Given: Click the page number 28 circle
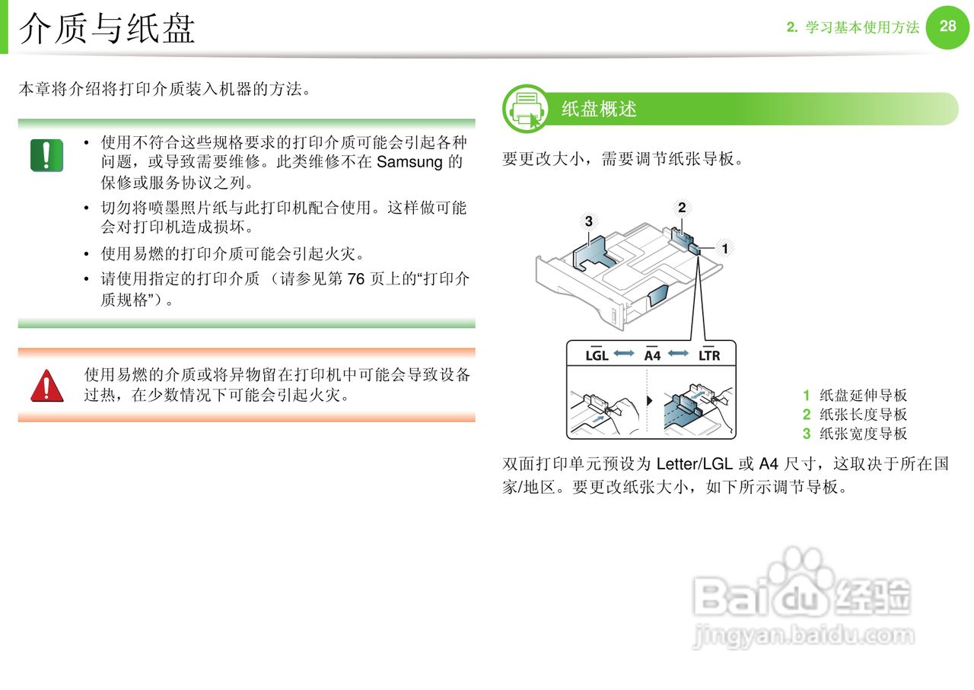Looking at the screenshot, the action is (x=947, y=27).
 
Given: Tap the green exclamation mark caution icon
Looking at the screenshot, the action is (x=46, y=155).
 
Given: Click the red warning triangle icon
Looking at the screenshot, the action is (x=47, y=386).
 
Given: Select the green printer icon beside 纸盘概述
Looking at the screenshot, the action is (x=526, y=109).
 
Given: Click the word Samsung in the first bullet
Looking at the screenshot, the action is (x=409, y=162).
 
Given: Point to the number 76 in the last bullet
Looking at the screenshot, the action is (x=355, y=278).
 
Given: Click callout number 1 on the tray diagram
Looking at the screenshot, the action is (x=725, y=249).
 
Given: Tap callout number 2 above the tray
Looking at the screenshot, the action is (x=682, y=208).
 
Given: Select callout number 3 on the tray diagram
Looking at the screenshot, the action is (x=589, y=221).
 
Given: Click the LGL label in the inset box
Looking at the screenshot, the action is (x=597, y=355).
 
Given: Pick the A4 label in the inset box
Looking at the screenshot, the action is (x=652, y=355).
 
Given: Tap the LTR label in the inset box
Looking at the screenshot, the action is (x=709, y=355).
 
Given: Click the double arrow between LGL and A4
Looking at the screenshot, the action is (x=624, y=354).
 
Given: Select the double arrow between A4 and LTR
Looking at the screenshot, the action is (x=678, y=354).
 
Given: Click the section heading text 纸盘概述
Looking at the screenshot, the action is (x=599, y=109).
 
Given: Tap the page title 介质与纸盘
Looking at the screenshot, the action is (x=107, y=29).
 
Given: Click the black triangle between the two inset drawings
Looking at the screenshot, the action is (x=650, y=400).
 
